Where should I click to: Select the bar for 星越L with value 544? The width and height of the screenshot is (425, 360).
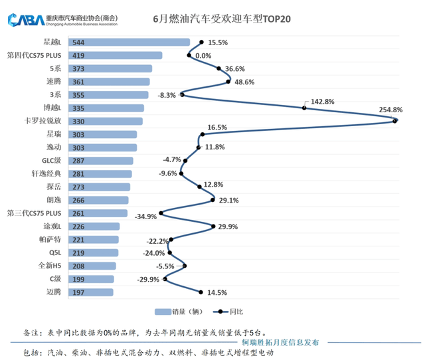click(x=139, y=43)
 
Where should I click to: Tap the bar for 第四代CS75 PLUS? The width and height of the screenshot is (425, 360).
click(x=125, y=56)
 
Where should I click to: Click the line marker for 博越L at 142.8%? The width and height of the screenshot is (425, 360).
click(x=304, y=108)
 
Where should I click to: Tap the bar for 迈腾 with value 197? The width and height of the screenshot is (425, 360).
click(x=100, y=292)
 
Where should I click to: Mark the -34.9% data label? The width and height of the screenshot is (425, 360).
click(x=146, y=217)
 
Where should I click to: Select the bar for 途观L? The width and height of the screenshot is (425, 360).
click(x=104, y=226)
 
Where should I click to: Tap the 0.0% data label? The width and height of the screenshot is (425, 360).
click(x=203, y=56)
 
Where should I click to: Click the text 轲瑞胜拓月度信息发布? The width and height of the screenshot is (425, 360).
click(x=279, y=341)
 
